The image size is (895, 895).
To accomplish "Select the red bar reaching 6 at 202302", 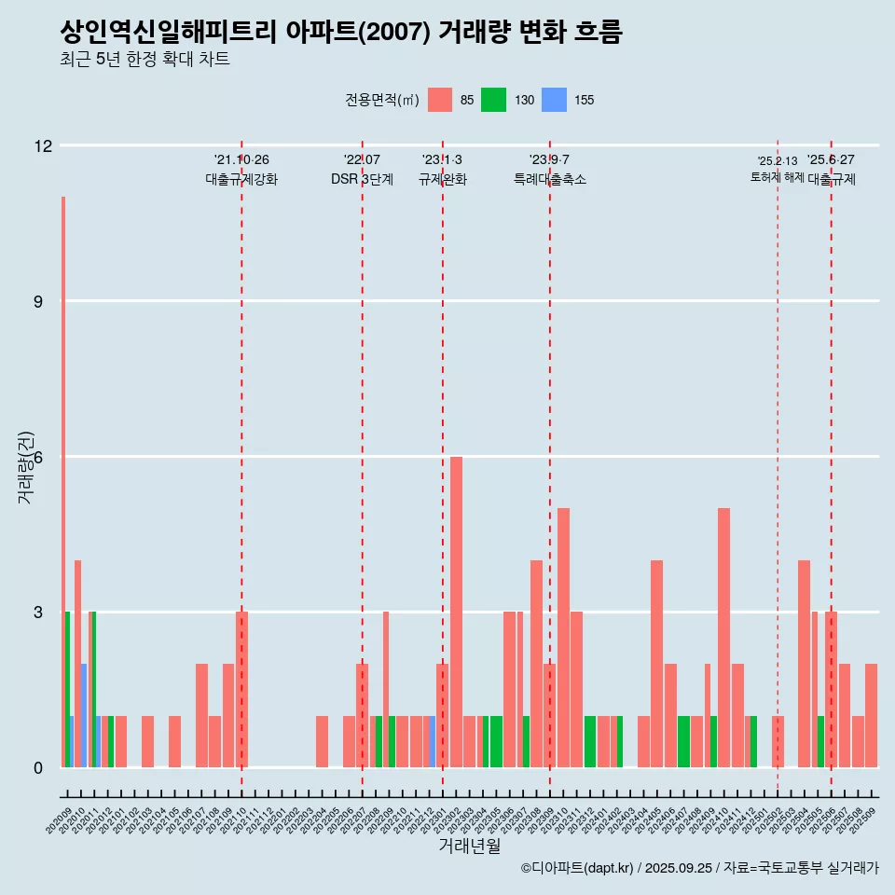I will [456, 612].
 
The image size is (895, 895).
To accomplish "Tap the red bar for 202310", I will [563, 638].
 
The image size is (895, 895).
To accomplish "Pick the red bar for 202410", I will [723, 638].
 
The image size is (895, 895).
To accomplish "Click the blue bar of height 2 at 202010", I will [84, 715].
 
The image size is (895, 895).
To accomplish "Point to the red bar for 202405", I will [656, 664].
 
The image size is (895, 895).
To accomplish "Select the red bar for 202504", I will [804, 664].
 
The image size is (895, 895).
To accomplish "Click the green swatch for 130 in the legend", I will [493, 100].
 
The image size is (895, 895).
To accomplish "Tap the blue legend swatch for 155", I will [554, 100].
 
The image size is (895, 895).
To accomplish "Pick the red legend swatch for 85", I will [440, 100].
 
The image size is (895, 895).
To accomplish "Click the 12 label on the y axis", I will [44, 145].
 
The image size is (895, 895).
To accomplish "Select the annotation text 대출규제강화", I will [241, 179].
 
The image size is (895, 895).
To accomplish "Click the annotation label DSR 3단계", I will [362, 179].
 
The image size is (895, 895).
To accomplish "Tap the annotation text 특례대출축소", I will [549, 179].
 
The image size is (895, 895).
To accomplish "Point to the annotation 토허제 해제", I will [777, 177].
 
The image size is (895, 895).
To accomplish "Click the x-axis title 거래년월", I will [469, 847].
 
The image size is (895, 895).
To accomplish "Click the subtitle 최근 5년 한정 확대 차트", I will [145, 60].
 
